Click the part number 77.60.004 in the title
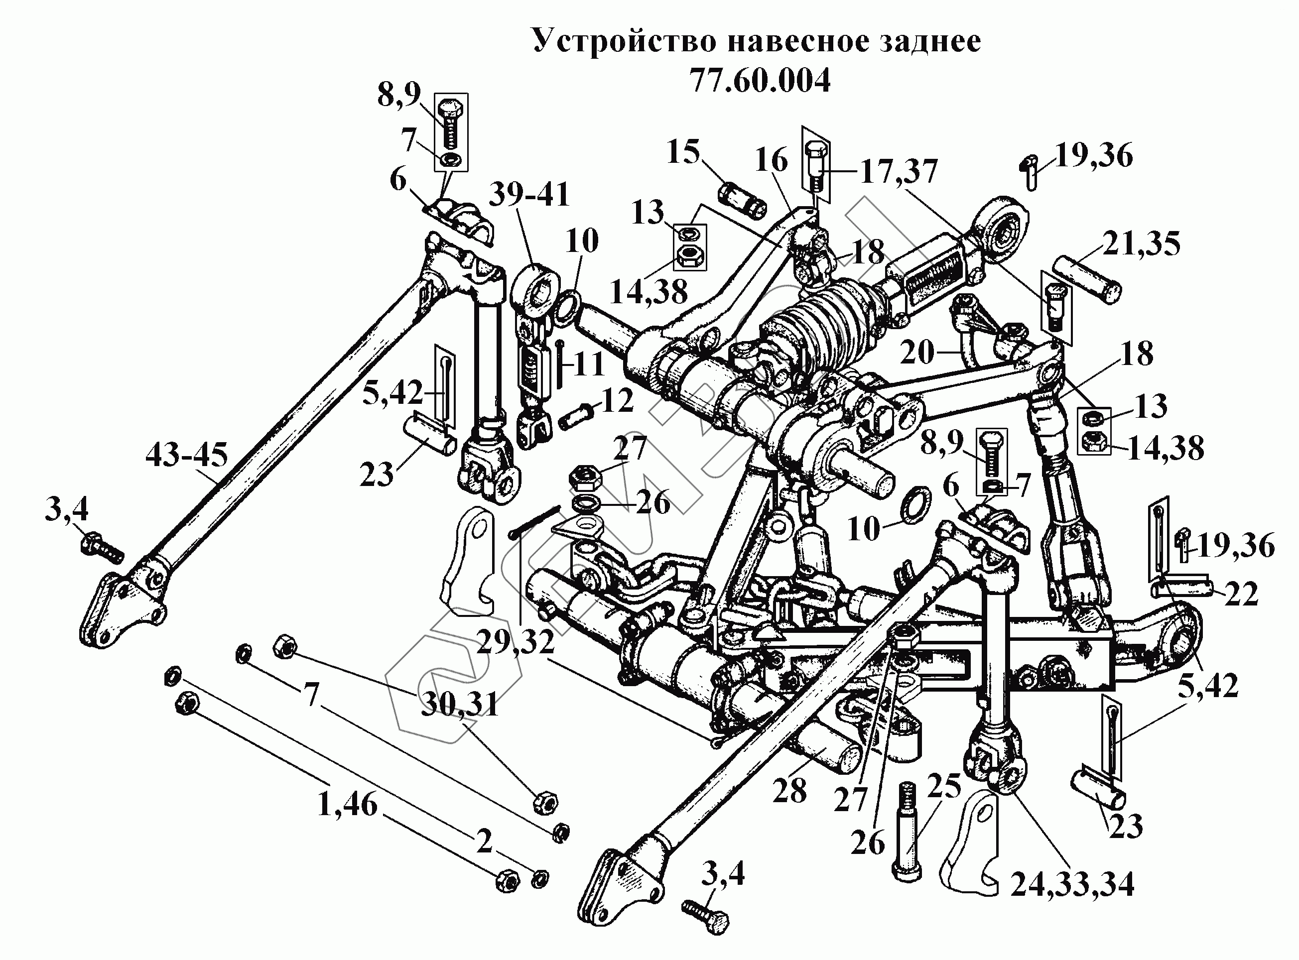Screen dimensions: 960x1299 (760, 81)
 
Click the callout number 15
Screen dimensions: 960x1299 (683, 152)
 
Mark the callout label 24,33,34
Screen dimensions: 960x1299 (1072, 885)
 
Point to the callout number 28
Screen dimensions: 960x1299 (789, 790)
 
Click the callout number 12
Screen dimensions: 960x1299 (617, 400)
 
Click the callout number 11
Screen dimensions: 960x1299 (589, 365)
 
